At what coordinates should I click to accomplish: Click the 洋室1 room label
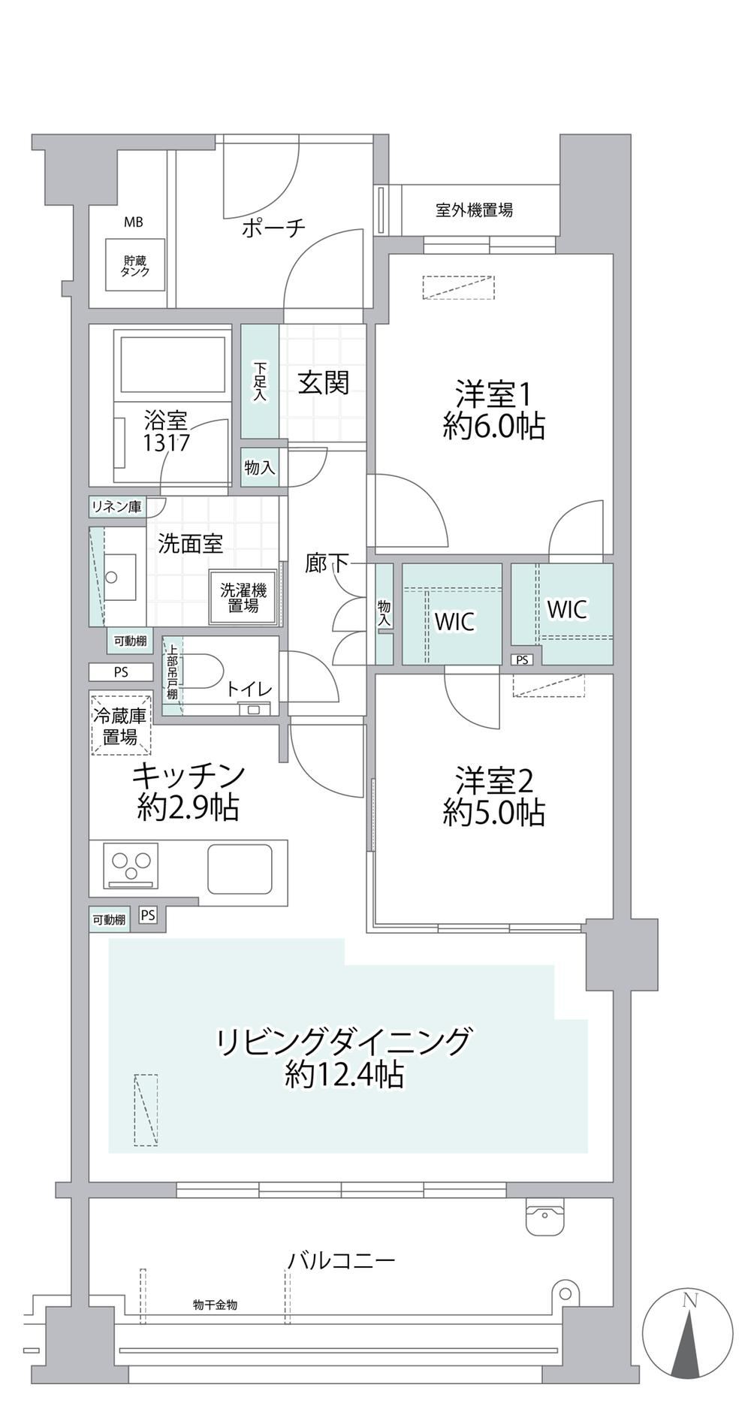click(493, 394)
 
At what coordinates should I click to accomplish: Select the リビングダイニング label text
click(344, 1042)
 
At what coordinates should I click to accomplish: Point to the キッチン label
click(189, 774)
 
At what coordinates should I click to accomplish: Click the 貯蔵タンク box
click(135, 266)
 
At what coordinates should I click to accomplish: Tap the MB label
click(134, 222)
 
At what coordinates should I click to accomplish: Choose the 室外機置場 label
click(474, 210)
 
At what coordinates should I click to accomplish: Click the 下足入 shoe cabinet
click(260, 381)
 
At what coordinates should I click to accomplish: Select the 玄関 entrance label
click(324, 383)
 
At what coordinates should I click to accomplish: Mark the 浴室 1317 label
click(166, 431)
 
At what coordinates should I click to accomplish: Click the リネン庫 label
click(116, 507)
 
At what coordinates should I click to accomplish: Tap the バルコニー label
click(342, 1260)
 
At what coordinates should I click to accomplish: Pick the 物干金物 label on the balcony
click(215, 1305)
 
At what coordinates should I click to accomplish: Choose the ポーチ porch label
click(273, 228)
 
